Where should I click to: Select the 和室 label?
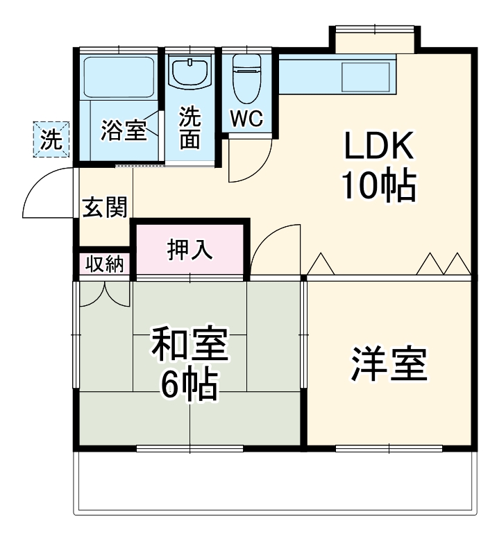[189, 347]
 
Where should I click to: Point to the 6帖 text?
[189, 385]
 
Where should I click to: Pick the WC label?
[247, 119]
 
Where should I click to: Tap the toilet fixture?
[247, 76]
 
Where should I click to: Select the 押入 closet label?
[189, 249]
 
